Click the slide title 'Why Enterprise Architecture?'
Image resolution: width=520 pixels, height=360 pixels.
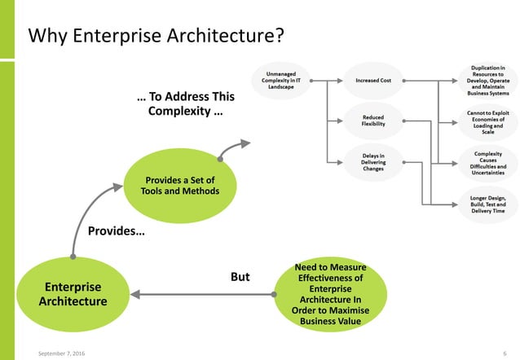[x=156, y=36]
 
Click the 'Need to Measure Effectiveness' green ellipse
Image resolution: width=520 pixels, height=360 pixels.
[x=331, y=294]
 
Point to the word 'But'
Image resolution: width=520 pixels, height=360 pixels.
[x=240, y=277]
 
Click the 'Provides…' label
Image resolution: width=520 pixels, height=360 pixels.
[x=116, y=232]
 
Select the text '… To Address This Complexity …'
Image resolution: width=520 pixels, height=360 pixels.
[x=185, y=103]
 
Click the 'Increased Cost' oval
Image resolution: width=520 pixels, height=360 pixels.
[x=373, y=81]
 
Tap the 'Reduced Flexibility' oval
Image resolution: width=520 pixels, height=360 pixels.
[x=373, y=121]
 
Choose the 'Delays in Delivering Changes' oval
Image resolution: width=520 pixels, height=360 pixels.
[x=373, y=161]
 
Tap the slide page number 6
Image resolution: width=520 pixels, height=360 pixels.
[x=505, y=352]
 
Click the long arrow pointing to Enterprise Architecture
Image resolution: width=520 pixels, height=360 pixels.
[x=204, y=294]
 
